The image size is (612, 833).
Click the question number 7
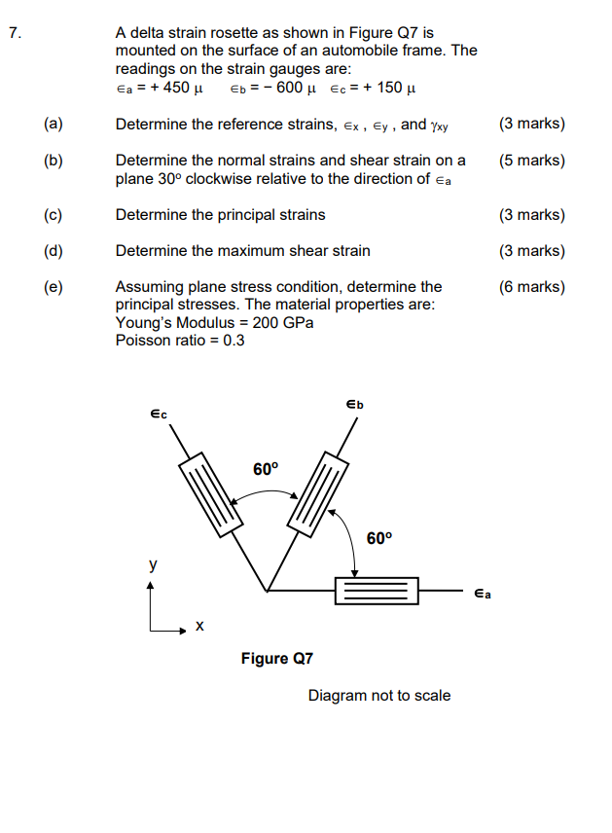(x=13, y=33)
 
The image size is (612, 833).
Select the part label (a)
(x=53, y=125)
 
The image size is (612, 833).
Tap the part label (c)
(x=53, y=215)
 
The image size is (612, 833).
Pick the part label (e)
(x=53, y=287)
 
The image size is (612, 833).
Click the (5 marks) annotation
(x=531, y=161)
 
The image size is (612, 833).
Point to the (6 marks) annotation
(x=531, y=287)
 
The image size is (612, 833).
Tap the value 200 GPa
(x=282, y=323)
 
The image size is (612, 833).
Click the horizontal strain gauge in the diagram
(x=376, y=591)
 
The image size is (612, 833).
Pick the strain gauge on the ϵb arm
(x=319, y=493)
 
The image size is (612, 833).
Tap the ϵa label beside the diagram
(x=482, y=593)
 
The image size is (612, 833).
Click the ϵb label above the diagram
(x=354, y=404)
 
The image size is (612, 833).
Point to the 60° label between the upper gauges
(x=266, y=469)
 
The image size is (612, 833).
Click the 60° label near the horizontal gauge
(x=379, y=538)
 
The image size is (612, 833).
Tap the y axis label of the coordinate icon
(x=151, y=564)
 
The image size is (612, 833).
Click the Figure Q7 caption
(x=277, y=659)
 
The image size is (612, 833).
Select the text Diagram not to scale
(x=379, y=696)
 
